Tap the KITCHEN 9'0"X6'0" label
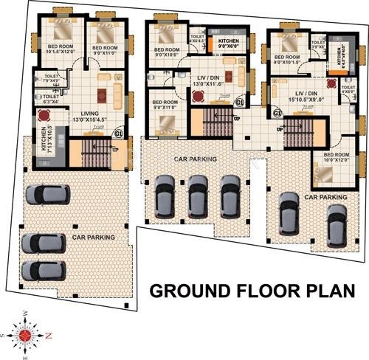pyautogui.click(x=227, y=43)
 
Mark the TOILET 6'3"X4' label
pyautogui.click(x=51, y=98)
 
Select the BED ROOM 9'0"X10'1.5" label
pyautogui.click(x=286, y=60)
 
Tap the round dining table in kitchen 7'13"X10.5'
pyautogui.click(x=44, y=115)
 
